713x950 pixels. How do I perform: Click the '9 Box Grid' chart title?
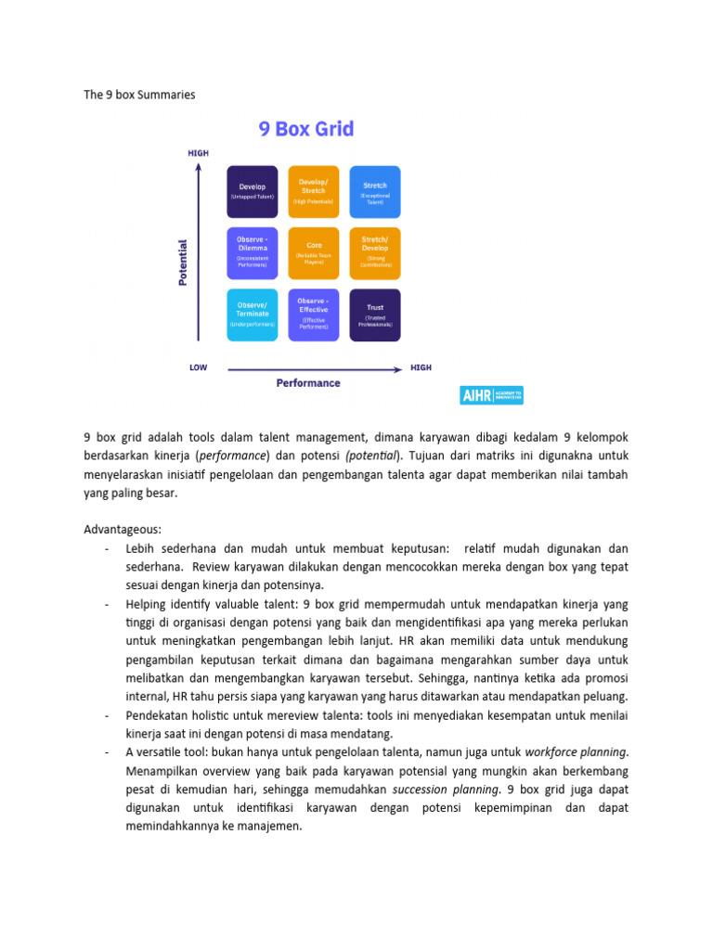[306, 129]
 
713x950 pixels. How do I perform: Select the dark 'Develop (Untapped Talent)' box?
[252, 191]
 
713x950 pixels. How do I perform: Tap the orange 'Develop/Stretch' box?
[313, 191]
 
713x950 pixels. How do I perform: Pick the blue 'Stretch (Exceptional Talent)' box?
[375, 191]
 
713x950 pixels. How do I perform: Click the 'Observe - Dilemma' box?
[252, 253]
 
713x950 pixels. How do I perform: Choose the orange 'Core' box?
[313, 253]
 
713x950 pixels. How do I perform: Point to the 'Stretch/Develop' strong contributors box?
[375, 253]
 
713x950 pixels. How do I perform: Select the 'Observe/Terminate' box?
[252, 315]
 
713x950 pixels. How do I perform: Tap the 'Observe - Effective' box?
[313, 315]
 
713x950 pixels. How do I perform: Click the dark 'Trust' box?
[375, 315]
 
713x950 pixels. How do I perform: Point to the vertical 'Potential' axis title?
[182, 263]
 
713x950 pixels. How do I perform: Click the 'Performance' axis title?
[307, 382]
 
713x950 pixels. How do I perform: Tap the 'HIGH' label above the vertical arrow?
[199, 152]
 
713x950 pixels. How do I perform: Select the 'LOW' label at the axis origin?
[198, 367]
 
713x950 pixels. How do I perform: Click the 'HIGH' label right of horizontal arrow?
[421, 367]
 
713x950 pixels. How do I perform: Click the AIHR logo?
[492, 395]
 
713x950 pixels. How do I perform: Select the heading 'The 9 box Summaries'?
[139, 95]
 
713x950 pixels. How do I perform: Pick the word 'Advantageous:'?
[123, 529]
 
